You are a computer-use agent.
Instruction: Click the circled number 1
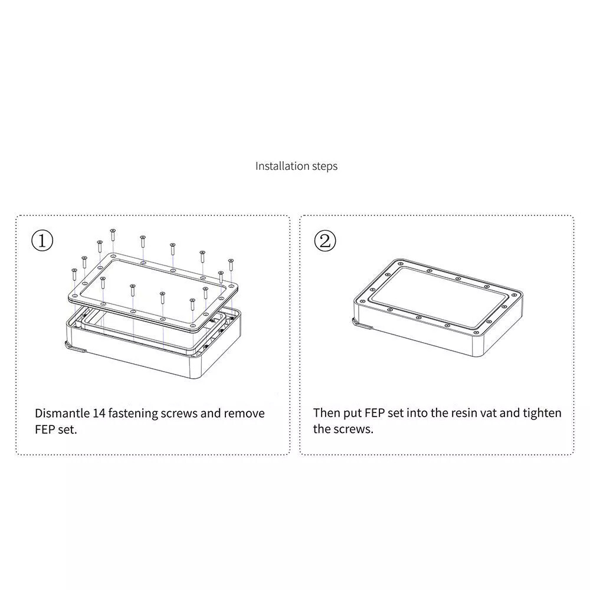(x=42, y=241)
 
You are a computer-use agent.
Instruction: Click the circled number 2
(x=324, y=241)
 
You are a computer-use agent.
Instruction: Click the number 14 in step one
(x=99, y=413)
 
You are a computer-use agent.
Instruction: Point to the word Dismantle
(x=62, y=413)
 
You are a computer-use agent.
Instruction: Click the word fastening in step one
(x=133, y=414)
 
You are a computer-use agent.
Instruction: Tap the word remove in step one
(x=244, y=414)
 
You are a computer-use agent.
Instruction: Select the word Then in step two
(x=325, y=413)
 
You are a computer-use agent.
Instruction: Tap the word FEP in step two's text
(x=374, y=413)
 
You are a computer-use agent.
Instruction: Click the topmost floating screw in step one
(x=113, y=235)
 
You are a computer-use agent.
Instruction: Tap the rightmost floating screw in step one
(x=231, y=265)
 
